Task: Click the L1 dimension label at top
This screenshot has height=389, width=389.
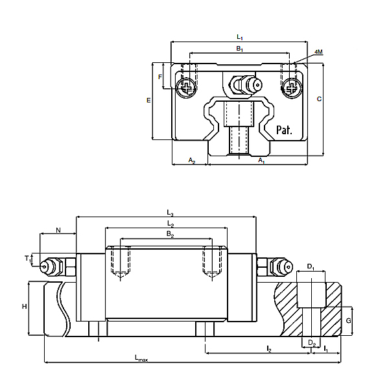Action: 239,37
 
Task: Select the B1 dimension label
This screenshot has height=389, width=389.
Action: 239,49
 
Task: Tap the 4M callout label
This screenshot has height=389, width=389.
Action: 318,52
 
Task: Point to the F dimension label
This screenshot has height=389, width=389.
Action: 160,77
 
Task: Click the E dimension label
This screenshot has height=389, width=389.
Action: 148,100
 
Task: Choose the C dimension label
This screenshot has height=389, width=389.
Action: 318,99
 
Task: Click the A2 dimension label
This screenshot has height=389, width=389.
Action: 192,159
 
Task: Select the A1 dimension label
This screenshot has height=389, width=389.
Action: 261,159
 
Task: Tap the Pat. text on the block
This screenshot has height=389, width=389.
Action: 284,130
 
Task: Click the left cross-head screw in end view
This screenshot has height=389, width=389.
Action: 187,86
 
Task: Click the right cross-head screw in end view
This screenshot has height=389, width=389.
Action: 291,86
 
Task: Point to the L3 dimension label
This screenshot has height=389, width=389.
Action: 170,212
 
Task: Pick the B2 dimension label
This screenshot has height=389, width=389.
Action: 170,234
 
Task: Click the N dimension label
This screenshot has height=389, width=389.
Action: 58,230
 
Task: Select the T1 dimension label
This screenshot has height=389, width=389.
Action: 29,259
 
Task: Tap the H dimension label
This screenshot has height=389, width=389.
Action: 24,307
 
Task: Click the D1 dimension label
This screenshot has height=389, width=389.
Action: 311,266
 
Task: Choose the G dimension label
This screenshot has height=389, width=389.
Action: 348,321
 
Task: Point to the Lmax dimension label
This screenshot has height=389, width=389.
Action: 141,358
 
